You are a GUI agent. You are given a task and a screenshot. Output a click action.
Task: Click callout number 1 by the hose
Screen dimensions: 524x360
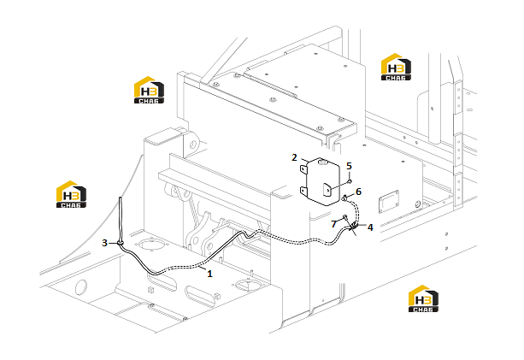(x=209, y=274)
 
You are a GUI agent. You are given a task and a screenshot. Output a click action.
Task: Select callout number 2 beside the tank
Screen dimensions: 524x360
(x=294, y=157)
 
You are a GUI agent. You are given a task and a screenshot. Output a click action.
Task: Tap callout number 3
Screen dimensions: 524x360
(x=104, y=243)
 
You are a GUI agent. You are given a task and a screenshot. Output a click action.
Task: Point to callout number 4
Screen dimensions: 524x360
(x=370, y=227)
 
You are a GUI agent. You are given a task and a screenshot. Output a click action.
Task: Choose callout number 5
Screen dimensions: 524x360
(x=350, y=166)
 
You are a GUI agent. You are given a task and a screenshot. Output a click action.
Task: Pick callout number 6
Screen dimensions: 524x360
(x=358, y=192)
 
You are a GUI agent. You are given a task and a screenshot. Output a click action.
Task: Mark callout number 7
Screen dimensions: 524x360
(x=333, y=224)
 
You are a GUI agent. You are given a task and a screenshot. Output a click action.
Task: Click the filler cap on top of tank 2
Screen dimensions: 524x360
(x=322, y=162)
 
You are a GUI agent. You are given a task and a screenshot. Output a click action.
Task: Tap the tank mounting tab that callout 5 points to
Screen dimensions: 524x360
(x=327, y=190)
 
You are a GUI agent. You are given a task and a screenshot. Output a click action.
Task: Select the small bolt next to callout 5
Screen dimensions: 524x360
(x=349, y=181)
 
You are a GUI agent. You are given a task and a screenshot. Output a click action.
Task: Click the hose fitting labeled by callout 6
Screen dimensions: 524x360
(x=344, y=198)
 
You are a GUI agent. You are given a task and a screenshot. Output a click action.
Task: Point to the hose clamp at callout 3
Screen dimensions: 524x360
(x=121, y=243)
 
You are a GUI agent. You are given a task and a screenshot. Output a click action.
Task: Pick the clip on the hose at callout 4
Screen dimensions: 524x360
(x=352, y=227)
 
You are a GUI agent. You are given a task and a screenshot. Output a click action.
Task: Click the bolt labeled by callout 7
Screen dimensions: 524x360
(x=344, y=218)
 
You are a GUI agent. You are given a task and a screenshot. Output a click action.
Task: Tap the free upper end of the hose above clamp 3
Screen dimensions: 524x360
(x=120, y=198)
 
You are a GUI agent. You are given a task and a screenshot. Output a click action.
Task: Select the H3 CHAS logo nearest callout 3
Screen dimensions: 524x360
(x=71, y=194)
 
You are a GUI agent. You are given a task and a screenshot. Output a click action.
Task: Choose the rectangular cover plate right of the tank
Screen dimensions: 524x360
(x=389, y=201)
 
